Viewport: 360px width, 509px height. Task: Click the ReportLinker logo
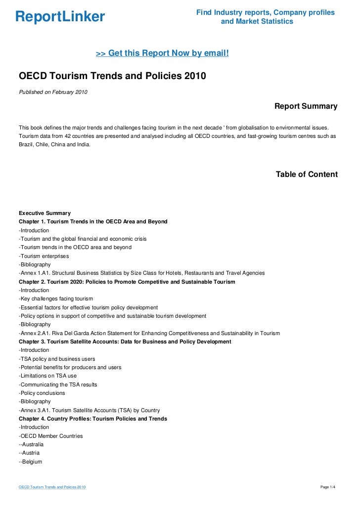tap(60, 17)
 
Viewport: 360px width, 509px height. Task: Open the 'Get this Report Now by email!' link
tap(162, 53)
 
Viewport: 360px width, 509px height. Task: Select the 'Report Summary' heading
tap(306, 106)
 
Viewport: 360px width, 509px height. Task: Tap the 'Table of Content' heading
tap(307, 174)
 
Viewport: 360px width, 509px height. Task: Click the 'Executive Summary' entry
tap(45, 213)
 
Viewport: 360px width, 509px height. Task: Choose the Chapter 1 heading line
tap(93, 222)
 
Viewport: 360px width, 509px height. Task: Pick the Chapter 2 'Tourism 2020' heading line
tap(127, 282)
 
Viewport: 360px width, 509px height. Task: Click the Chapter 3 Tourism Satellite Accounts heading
tap(125, 341)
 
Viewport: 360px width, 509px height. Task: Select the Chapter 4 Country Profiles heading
tap(92, 419)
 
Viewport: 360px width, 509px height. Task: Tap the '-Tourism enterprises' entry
tap(44, 256)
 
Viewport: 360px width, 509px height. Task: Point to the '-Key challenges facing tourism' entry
tap(55, 299)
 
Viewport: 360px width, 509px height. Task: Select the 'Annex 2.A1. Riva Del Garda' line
tap(149, 333)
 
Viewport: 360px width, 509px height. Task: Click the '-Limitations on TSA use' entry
tap(47, 376)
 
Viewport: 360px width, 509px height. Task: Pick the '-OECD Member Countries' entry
tap(50, 436)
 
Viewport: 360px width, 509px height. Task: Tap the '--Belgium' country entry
tap(30, 462)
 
